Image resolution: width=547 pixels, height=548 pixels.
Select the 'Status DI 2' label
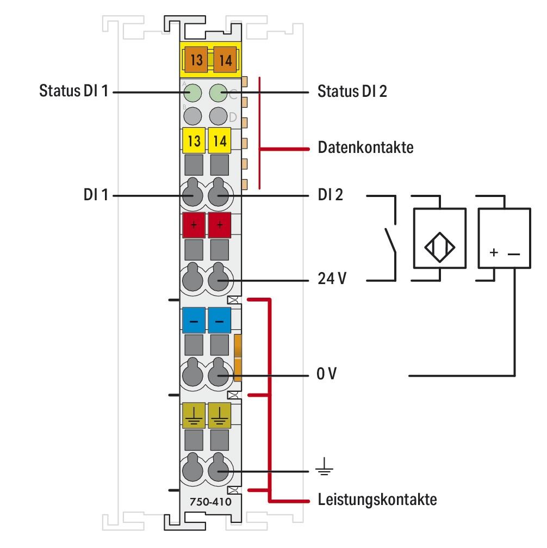click(352, 91)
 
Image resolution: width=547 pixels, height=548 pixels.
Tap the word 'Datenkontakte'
click(365, 147)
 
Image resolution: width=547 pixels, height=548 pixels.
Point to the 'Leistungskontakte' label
click(377, 499)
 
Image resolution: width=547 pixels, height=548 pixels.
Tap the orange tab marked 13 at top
click(196, 60)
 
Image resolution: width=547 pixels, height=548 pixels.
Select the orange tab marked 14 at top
click(225, 60)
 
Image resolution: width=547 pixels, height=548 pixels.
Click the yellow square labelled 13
click(193, 141)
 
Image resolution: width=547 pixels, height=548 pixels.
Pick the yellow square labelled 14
click(219, 141)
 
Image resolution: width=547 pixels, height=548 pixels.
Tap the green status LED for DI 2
click(219, 93)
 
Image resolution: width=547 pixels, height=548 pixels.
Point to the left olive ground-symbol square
click(193, 415)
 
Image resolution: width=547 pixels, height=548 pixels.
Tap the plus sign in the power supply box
click(493, 253)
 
